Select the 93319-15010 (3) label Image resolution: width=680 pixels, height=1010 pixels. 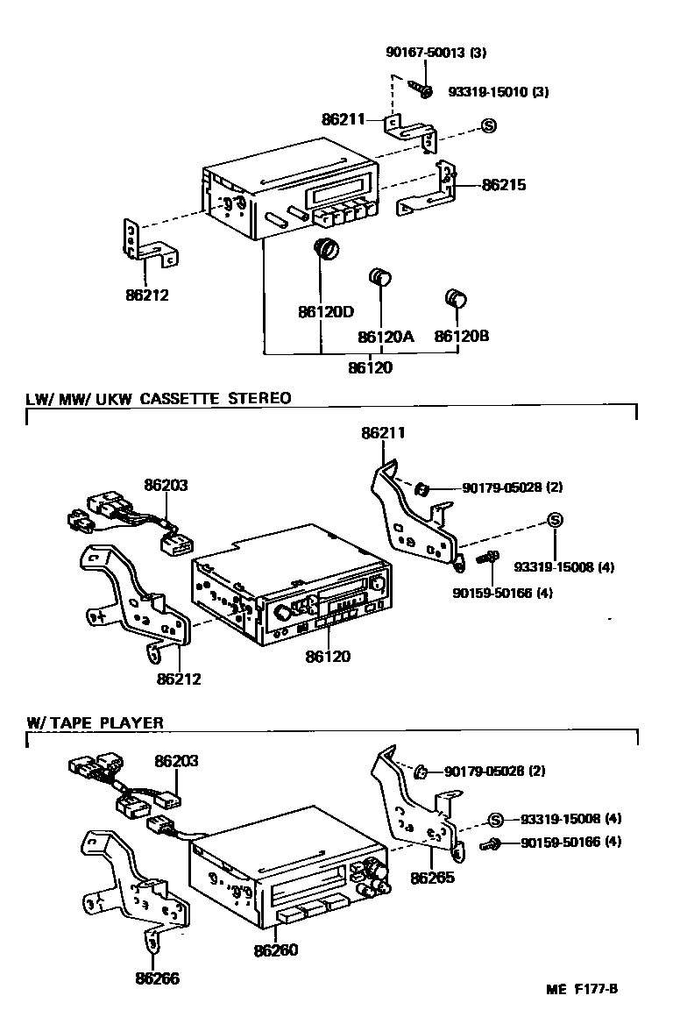498,91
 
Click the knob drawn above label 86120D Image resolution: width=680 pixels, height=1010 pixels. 326,250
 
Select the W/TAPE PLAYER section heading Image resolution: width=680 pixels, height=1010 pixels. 95,723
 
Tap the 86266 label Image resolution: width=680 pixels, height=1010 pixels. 157,978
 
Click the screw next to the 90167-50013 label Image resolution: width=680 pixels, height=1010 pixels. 422,89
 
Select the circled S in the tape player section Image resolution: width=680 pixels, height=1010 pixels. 495,820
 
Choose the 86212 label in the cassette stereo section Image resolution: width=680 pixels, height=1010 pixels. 179,678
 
